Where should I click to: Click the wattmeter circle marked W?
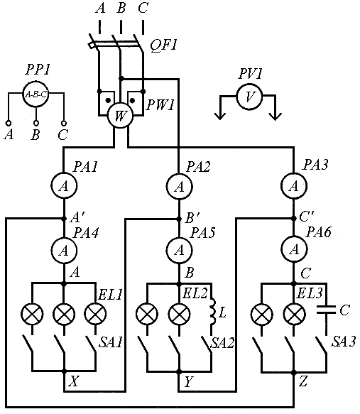click(x=120, y=115)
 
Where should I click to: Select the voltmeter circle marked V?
click(x=249, y=96)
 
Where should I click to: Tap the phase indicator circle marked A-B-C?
click(x=36, y=94)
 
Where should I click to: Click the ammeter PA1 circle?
click(x=64, y=185)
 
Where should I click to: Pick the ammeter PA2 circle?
click(x=180, y=186)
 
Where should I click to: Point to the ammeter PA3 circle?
click(x=293, y=186)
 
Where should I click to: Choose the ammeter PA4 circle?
click(x=64, y=250)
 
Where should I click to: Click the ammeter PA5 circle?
click(x=180, y=249)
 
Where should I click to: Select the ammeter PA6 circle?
click(x=293, y=249)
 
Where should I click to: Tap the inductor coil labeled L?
click(x=213, y=312)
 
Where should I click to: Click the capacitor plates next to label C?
click(x=326, y=309)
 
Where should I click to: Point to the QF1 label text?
click(x=163, y=45)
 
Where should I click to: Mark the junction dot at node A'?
click(x=64, y=219)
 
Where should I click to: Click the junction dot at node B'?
click(x=180, y=219)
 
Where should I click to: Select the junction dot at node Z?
click(x=293, y=372)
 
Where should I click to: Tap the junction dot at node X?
click(x=64, y=371)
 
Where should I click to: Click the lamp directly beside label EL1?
click(x=96, y=314)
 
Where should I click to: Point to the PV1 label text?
click(x=250, y=74)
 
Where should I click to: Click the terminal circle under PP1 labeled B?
click(x=36, y=123)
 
